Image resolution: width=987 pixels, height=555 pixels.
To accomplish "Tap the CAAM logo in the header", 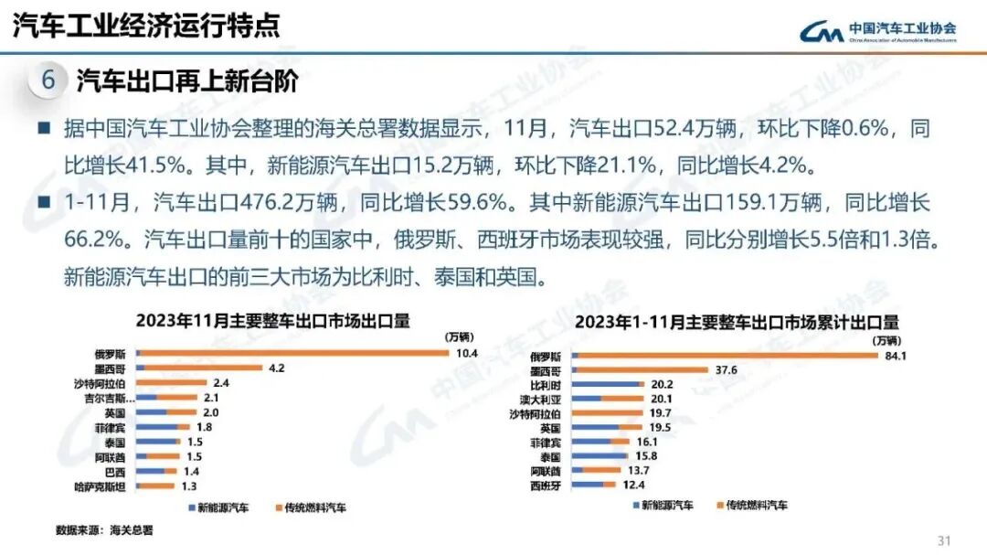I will point(877,31).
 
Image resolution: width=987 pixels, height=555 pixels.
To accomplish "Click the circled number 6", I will point(48,81).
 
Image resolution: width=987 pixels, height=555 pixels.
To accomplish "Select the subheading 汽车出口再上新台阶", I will point(187,81).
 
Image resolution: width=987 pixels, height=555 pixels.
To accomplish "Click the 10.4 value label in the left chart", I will point(468,353).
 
